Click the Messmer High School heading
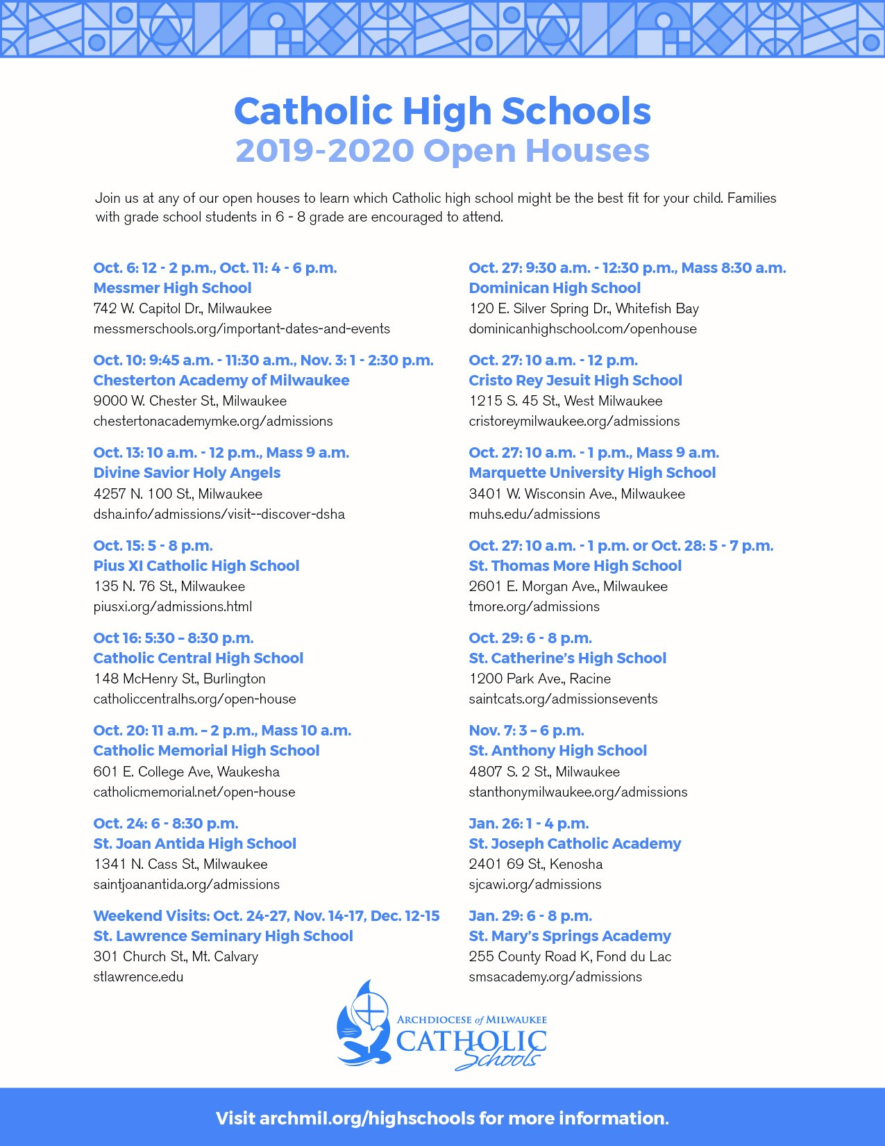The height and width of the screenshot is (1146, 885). pos(172,288)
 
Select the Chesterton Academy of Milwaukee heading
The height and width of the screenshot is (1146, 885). pos(221,381)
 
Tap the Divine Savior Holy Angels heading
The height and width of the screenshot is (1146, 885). pos(187,473)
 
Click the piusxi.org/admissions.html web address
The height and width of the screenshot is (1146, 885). pos(172,606)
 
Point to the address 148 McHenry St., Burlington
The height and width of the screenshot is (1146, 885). pos(179,679)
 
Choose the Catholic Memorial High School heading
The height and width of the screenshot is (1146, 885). pos(206,751)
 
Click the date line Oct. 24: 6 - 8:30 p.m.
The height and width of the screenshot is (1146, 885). pos(165,824)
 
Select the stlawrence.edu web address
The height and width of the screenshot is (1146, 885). pos(138,977)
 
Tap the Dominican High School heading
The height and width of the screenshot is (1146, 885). pos(555,288)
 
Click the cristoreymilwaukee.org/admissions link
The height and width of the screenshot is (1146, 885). pos(574,421)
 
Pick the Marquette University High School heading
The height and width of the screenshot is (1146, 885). pos(592,473)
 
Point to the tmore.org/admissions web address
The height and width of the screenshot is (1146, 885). pos(534,606)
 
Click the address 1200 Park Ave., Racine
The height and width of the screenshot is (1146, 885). pos(539,679)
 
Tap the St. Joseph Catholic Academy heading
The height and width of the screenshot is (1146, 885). pos(575,844)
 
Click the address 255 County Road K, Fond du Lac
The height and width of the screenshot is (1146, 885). pos(570,956)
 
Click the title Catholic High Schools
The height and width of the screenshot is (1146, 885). pos(442,111)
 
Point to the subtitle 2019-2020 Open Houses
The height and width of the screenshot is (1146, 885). pos(442,151)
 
